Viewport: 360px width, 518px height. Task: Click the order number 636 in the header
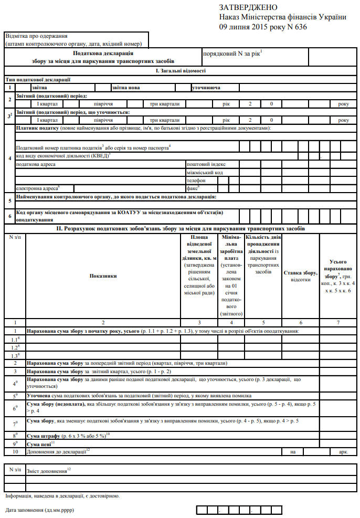tap(299, 27)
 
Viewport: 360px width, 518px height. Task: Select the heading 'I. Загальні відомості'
tap(180, 70)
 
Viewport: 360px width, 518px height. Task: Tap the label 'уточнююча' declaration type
tap(206, 88)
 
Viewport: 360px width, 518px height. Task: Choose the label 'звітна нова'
tap(126, 88)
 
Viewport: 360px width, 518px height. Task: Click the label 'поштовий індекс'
tap(206, 164)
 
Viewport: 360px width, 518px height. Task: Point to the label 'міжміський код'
tap(205, 172)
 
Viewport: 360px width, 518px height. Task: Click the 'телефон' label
tap(197, 180)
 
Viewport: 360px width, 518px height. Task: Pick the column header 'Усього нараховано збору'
tap(337, 276)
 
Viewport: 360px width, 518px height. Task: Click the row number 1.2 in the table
tap(16, 347)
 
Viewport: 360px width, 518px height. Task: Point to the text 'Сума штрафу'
tap(44, 436)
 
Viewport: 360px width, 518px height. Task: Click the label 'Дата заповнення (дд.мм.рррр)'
tap(40, 510)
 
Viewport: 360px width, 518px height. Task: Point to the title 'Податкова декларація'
tap(103, 54)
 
